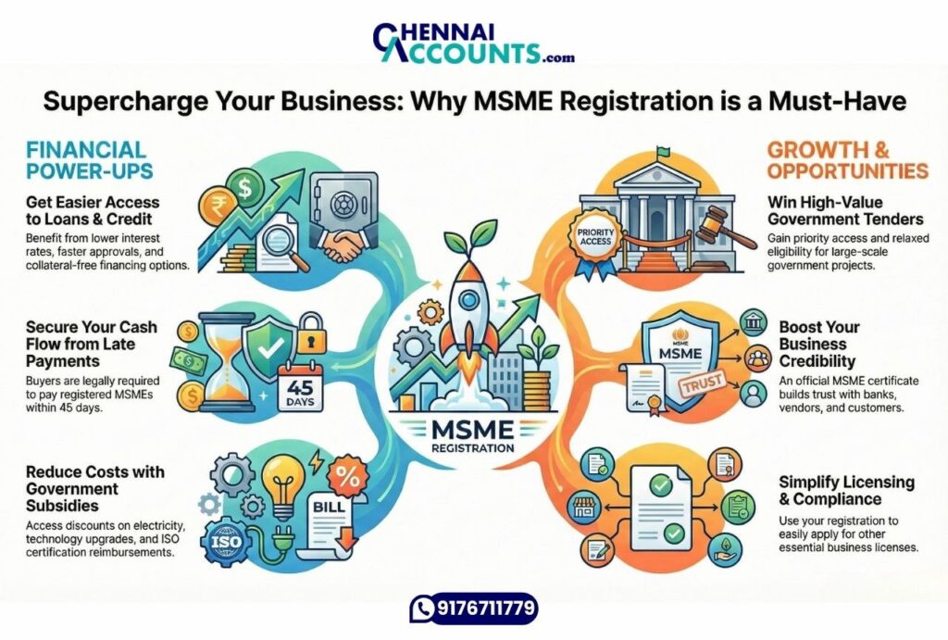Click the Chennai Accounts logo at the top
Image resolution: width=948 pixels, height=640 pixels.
coord(473,42)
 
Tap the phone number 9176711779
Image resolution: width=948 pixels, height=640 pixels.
coord(486,609)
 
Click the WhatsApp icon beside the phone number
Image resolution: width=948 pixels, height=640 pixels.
coord(423,609)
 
